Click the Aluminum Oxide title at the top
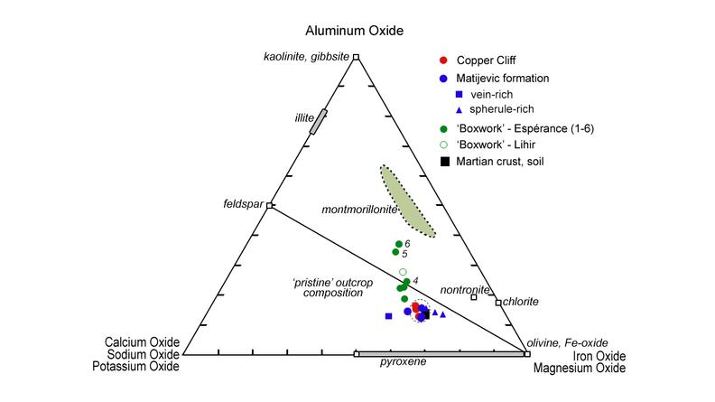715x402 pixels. [x=354, y=31]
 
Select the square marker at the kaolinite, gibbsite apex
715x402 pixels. [x=356, y=57]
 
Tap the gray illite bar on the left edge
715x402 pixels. [x=319, y=121]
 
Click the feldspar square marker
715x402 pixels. [x=270, y=205]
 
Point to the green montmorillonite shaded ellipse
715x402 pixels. [x=407, y=201]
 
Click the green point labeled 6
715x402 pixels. [x=399, y=244]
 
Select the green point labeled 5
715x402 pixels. [x=395, y=252]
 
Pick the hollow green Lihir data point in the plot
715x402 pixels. [x=403, y=272]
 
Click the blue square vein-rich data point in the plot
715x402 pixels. [x=388, y=316]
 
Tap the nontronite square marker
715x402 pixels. [x=474, y=297]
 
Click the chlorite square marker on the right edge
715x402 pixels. [x=498, y=303]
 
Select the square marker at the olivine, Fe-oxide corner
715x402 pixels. [x=527, y=354]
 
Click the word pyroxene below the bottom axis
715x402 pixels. [x=404, y=362]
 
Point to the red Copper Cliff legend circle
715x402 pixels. [x=443, y=60]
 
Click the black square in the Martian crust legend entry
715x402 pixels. [x=444, y=161]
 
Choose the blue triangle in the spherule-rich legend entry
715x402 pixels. [x=459, y=110]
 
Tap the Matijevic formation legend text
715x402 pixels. [x=503, y=78]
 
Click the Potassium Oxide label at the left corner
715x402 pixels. [x=136, y=367]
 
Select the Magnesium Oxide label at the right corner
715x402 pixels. [x=580, y=368]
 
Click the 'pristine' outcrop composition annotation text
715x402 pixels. [x=333, y=288]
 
